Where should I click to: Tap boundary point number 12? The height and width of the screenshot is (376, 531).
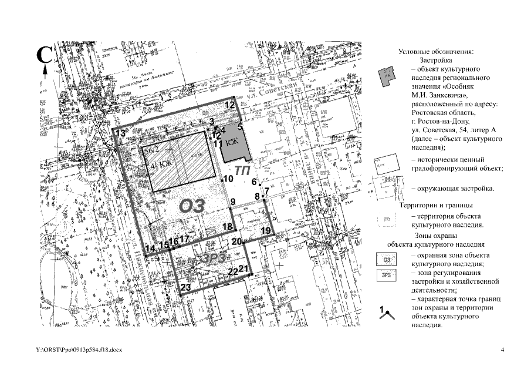[x=230, y=105]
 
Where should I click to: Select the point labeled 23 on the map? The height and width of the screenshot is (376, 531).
[x=185, y=287]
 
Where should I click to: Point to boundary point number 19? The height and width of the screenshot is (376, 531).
[x=266, y=231]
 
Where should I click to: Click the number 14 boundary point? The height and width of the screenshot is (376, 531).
[x=151, y=249]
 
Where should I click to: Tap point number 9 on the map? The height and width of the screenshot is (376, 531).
[x=233, y=202]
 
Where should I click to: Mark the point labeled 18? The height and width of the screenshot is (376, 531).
[x=228, y=227]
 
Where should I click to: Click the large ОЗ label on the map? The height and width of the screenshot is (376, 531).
[x=192, y=206]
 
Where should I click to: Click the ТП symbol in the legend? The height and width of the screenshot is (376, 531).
[x=386, y=220]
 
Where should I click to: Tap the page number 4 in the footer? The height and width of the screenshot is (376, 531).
[x=503, y=351]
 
